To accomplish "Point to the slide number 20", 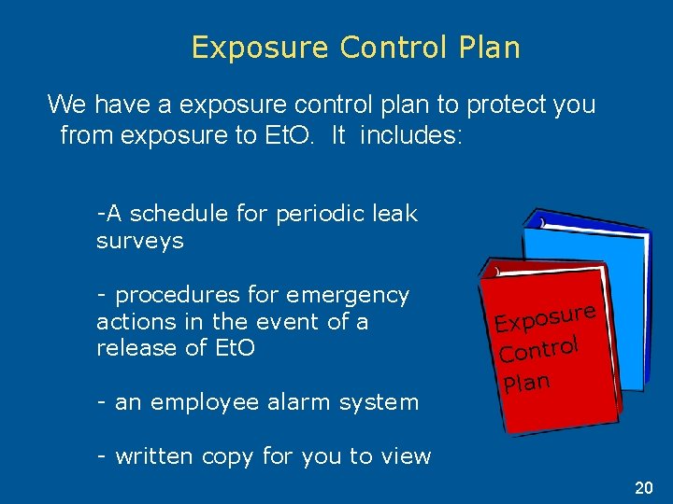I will [x=644, y=488].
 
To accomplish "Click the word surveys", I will [x=140, y=241].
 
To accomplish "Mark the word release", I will [x=135, y=348].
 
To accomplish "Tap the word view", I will [x=406, y=456].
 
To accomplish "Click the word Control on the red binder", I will [x=540, y=349].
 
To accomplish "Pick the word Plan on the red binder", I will [x=525, y=381].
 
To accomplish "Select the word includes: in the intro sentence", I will [x=411, y=135].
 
